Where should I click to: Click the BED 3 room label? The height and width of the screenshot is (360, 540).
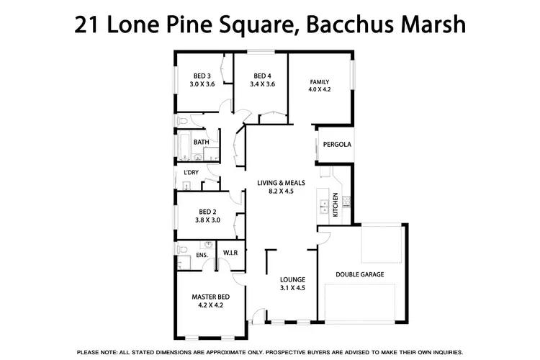click(202, 76)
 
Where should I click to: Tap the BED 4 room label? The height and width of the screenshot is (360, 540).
click(261, 76)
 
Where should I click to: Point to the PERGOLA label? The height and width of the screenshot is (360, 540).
click(337, 144)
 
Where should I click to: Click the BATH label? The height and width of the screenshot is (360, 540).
click(201, 143)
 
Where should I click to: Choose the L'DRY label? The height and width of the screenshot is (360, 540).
click(191, 173)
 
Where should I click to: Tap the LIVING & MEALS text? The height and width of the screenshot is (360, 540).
click(282, 183)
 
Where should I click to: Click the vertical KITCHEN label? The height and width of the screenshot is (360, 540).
click(335, 204)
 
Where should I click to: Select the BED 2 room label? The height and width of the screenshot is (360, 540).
click(207, 212)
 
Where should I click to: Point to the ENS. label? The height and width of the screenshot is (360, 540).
click(202, 255)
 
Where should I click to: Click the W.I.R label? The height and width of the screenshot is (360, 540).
click(230, 253)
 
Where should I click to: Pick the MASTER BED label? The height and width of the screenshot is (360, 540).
click(210, 296)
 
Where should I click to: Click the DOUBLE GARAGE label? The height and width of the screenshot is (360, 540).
click(360, 274)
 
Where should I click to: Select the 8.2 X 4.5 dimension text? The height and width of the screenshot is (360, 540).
click(282, 192)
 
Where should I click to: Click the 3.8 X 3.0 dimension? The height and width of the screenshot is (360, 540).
click(207, 220)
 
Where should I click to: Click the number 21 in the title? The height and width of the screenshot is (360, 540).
click(88, 25)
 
